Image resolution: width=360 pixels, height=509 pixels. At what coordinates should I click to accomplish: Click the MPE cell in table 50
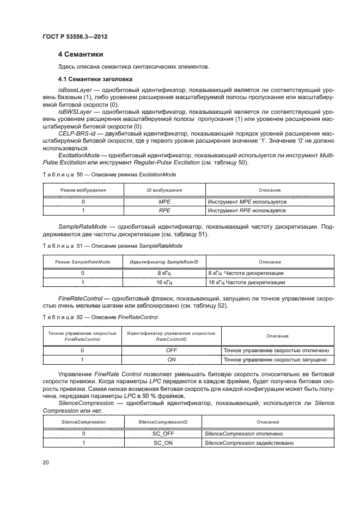click(x=164, y=201)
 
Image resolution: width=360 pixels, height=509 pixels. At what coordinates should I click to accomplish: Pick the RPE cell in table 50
click(x=164, y=210)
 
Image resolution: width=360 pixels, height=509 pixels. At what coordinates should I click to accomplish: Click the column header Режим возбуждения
click(x=83, y=190)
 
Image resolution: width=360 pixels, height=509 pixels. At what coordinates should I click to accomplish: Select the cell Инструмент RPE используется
click(x=247, y=210)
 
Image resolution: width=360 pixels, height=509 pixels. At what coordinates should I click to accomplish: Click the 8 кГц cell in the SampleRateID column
click(x=164, y=273)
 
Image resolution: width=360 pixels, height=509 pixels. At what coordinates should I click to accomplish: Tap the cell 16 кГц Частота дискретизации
click(x=247, y=282)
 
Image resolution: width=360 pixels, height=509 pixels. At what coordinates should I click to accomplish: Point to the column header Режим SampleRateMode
click(x=83, y=262)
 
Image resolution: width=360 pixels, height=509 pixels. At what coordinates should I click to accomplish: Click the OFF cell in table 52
click(x=172, y=351)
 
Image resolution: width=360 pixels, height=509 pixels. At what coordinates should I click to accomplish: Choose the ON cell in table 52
click(x=172, y=359)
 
